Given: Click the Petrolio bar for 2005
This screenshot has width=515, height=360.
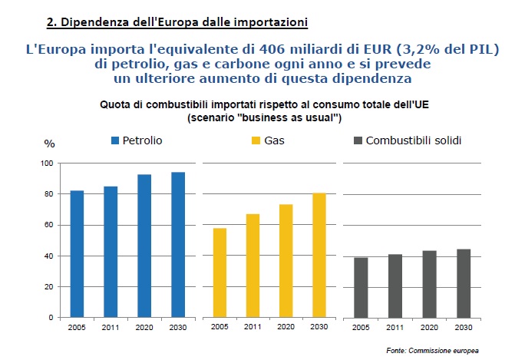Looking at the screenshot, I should click(x=77, y=253).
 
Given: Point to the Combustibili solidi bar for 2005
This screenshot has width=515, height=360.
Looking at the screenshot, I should click(x=361, y=287).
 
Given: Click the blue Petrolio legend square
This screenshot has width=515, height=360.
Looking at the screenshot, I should click(x=116, y=141).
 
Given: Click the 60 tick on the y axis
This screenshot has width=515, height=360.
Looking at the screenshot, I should click(x=48, y=225).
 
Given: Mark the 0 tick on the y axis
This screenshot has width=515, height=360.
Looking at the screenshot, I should click(x=50, y=317).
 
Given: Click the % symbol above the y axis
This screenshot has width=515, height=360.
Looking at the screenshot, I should click(x=49, y=144).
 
